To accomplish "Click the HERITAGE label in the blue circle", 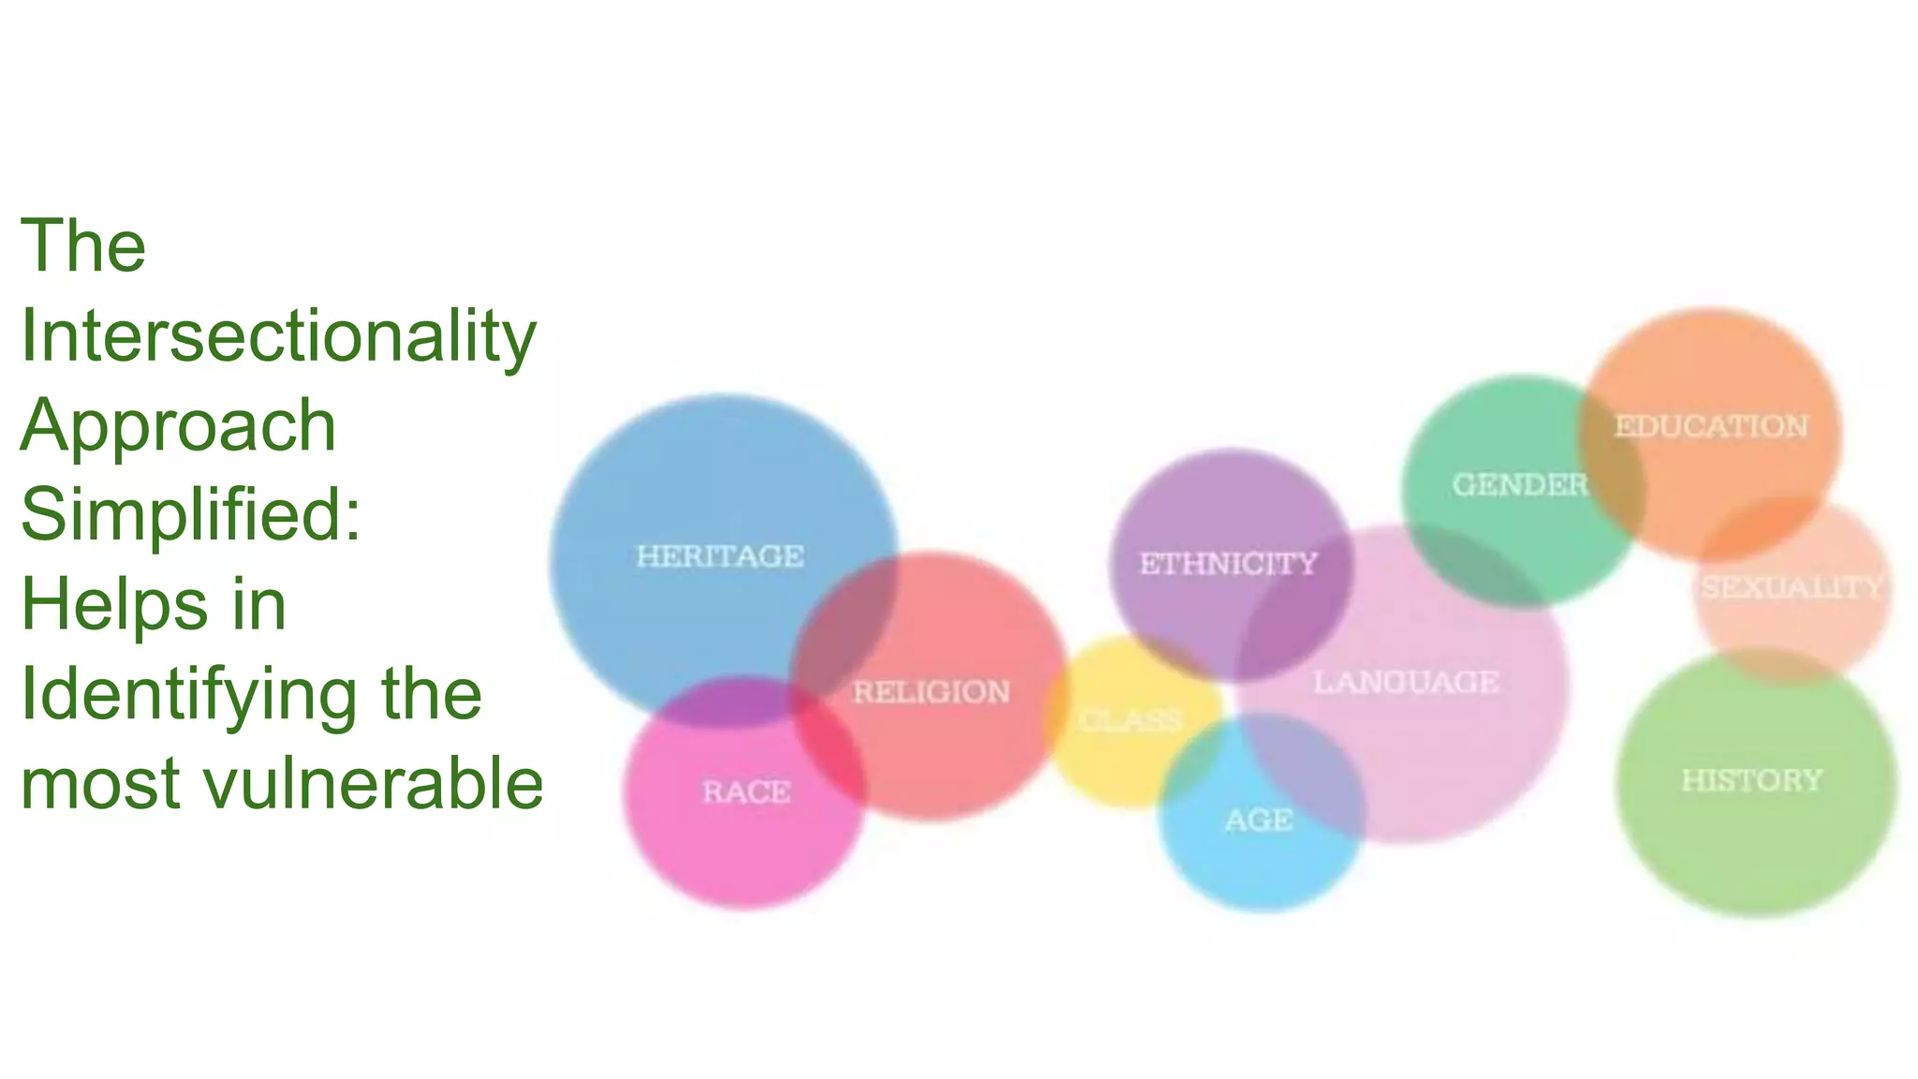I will (719, 556).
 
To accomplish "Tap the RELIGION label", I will (931, 692).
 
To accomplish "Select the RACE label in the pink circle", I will (746, 792).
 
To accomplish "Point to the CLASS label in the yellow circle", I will (1130, 720).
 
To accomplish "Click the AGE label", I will (1259, 820).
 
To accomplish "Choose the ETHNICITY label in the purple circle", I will (1228, 564).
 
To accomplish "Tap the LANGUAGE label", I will (1406, 682).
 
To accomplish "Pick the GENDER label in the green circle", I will (1519, 485).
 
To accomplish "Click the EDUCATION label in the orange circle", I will (1711, 427).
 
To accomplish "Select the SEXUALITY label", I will (1792, 588).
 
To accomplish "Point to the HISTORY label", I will (1751, 780).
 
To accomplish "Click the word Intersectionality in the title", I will (278, 335).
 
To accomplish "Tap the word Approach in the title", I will (178, 425).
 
